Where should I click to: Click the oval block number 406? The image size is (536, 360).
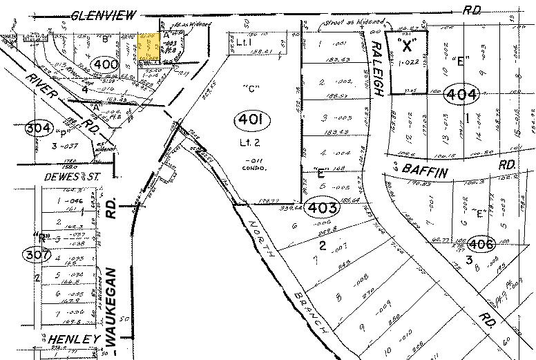[x=481, y=243]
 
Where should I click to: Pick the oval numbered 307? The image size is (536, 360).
[x=37, y=255]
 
